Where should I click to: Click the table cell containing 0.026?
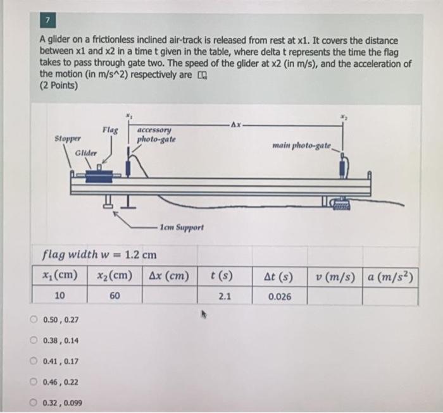click(x=280, y=296)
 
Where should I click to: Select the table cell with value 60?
click(x=115, y=296)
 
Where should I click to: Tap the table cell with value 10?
click(x=59, y=296)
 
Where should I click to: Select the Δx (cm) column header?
click(x=169, y=276)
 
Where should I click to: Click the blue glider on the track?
click(x=99, y=176)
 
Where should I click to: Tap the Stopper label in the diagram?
click(x=67, y=137)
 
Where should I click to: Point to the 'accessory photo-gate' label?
click(x=156, y=135)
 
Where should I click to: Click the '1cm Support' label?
click(x=182, y=226)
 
